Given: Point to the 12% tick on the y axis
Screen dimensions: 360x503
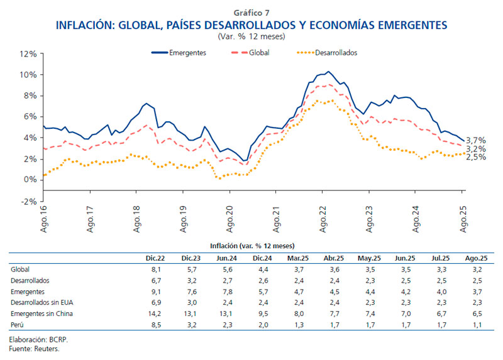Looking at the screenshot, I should tap(28, 54).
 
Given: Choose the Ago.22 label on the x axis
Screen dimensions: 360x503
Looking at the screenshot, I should tap(323, 219).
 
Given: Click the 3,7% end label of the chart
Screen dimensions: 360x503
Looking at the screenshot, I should tap(476, 140).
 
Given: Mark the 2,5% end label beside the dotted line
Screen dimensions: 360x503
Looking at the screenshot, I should tap(476, 157).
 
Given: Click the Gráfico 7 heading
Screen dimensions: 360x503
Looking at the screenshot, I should tap(251, 13).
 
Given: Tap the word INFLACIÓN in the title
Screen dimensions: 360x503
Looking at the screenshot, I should tap(84, 25).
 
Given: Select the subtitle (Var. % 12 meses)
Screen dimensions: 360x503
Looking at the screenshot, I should tap(251, 36).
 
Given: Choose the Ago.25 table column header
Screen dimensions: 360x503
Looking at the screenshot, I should tap(476, 258).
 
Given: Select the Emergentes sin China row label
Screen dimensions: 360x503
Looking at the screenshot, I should tap(43, 314).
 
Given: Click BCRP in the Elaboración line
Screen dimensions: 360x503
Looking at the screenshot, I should tap(58, 339).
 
